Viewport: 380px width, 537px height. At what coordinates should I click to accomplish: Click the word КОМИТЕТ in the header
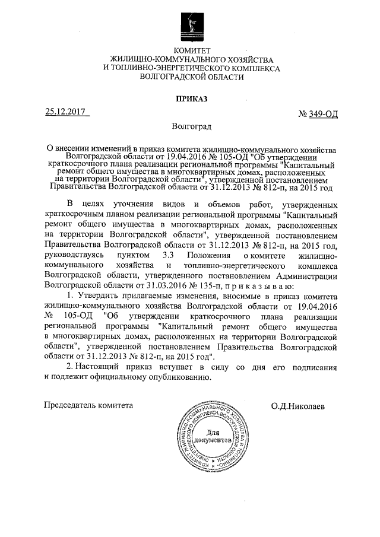click(x=189, y=50)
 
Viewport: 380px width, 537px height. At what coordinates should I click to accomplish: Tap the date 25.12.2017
click(x=65, y=111)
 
